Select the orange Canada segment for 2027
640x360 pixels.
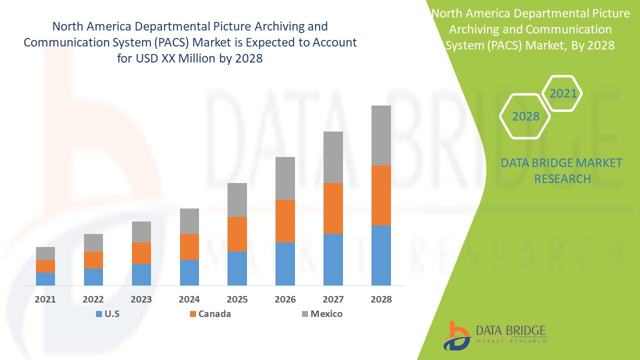pos(333,208)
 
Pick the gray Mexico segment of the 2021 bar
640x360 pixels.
pos(45,253)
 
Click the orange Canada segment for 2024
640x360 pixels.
pos(189,246)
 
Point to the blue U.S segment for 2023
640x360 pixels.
pos(141,274)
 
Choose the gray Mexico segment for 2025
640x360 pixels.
pos(237,199)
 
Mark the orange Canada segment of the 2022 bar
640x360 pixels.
pos(93,259)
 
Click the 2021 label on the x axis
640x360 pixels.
pos(45,299)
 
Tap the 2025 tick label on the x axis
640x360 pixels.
pos(237,299)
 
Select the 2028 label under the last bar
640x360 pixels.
pos(381,299)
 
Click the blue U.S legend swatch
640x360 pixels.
pos(98,314)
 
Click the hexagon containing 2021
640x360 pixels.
pos(563,93)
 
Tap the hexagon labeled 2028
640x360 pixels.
pos(525,116)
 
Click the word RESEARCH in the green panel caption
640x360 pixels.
pos(562,178)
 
